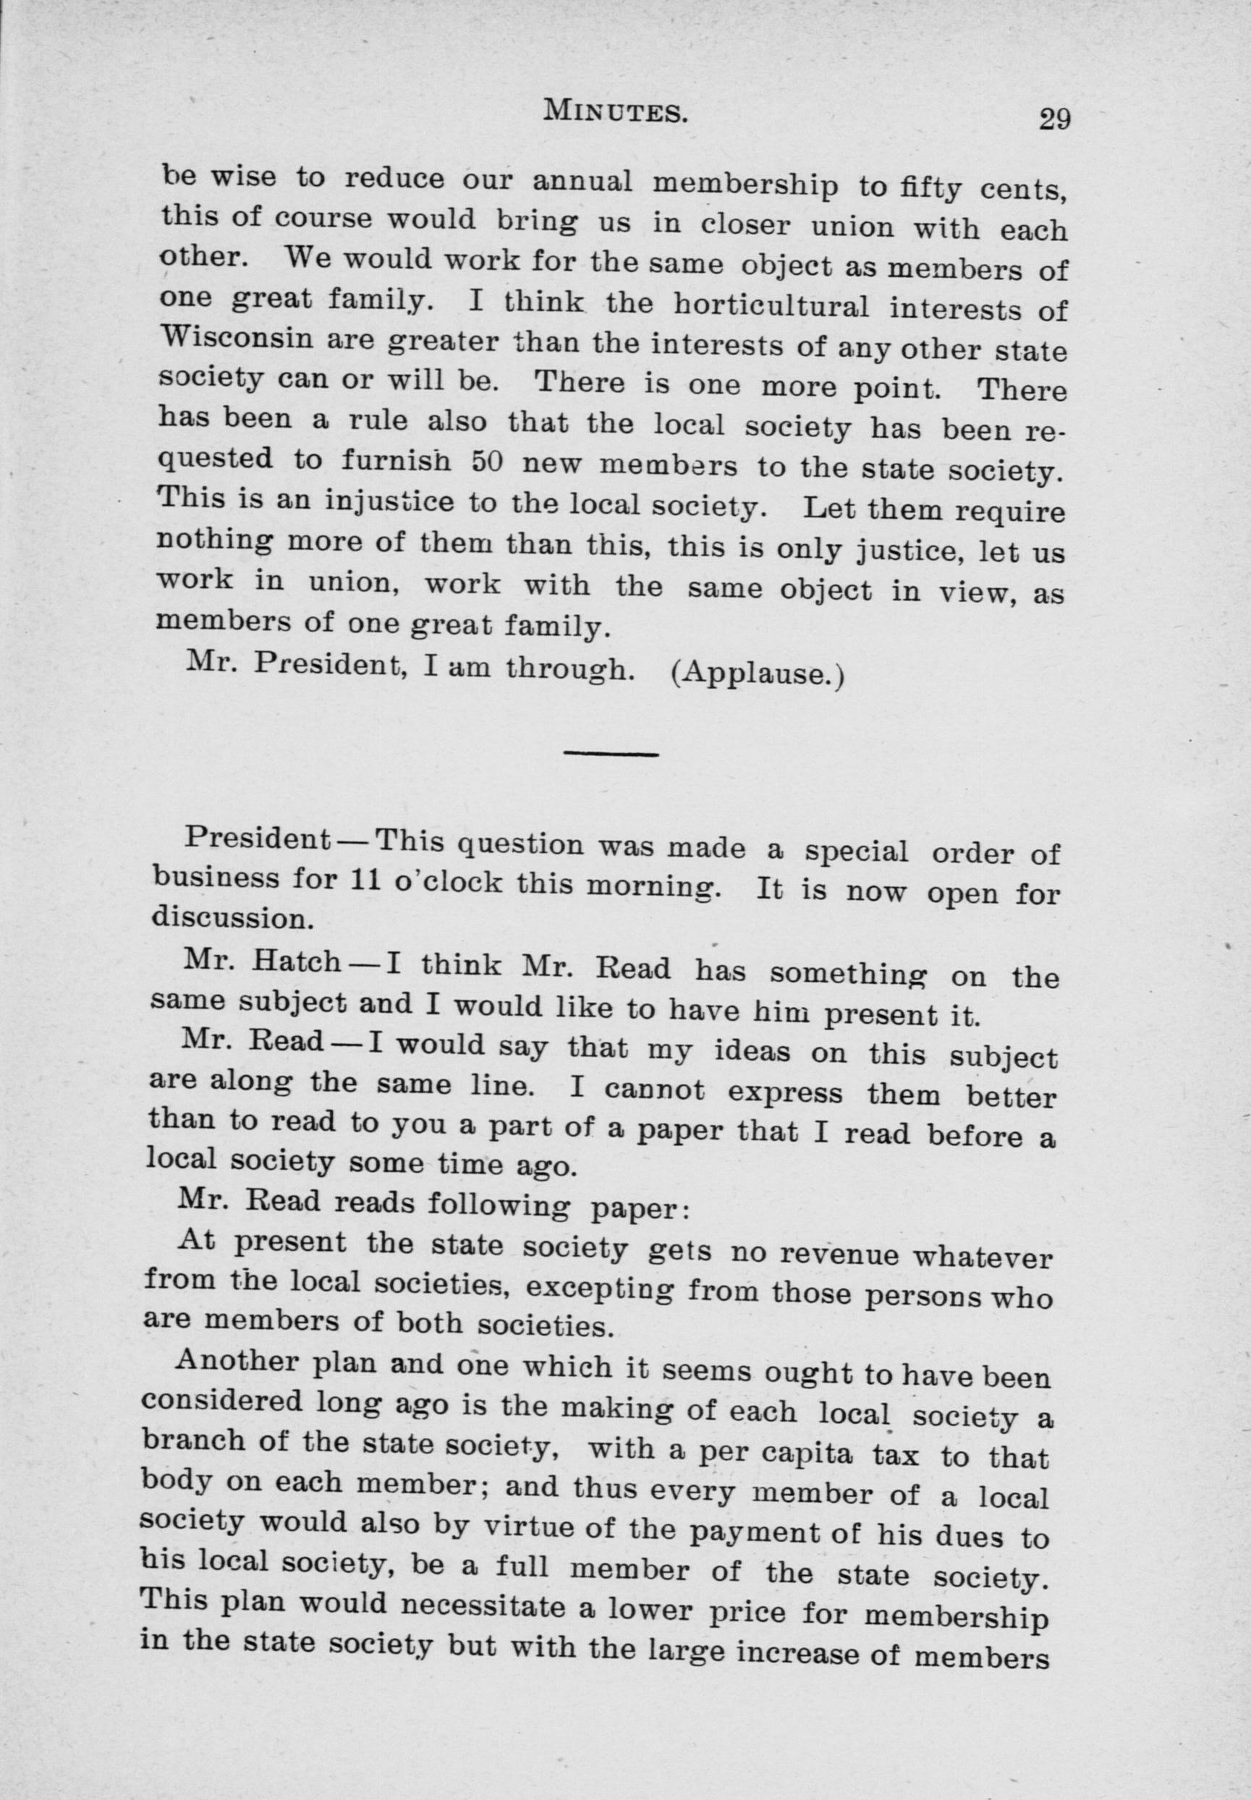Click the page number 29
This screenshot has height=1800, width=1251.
pos(1053,120)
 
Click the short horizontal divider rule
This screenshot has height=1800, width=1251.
pos(611,754)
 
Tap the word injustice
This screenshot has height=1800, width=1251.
pos(389,501)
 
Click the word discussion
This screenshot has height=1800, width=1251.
pos(232,918)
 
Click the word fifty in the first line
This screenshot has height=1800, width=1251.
pos(925,188)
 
